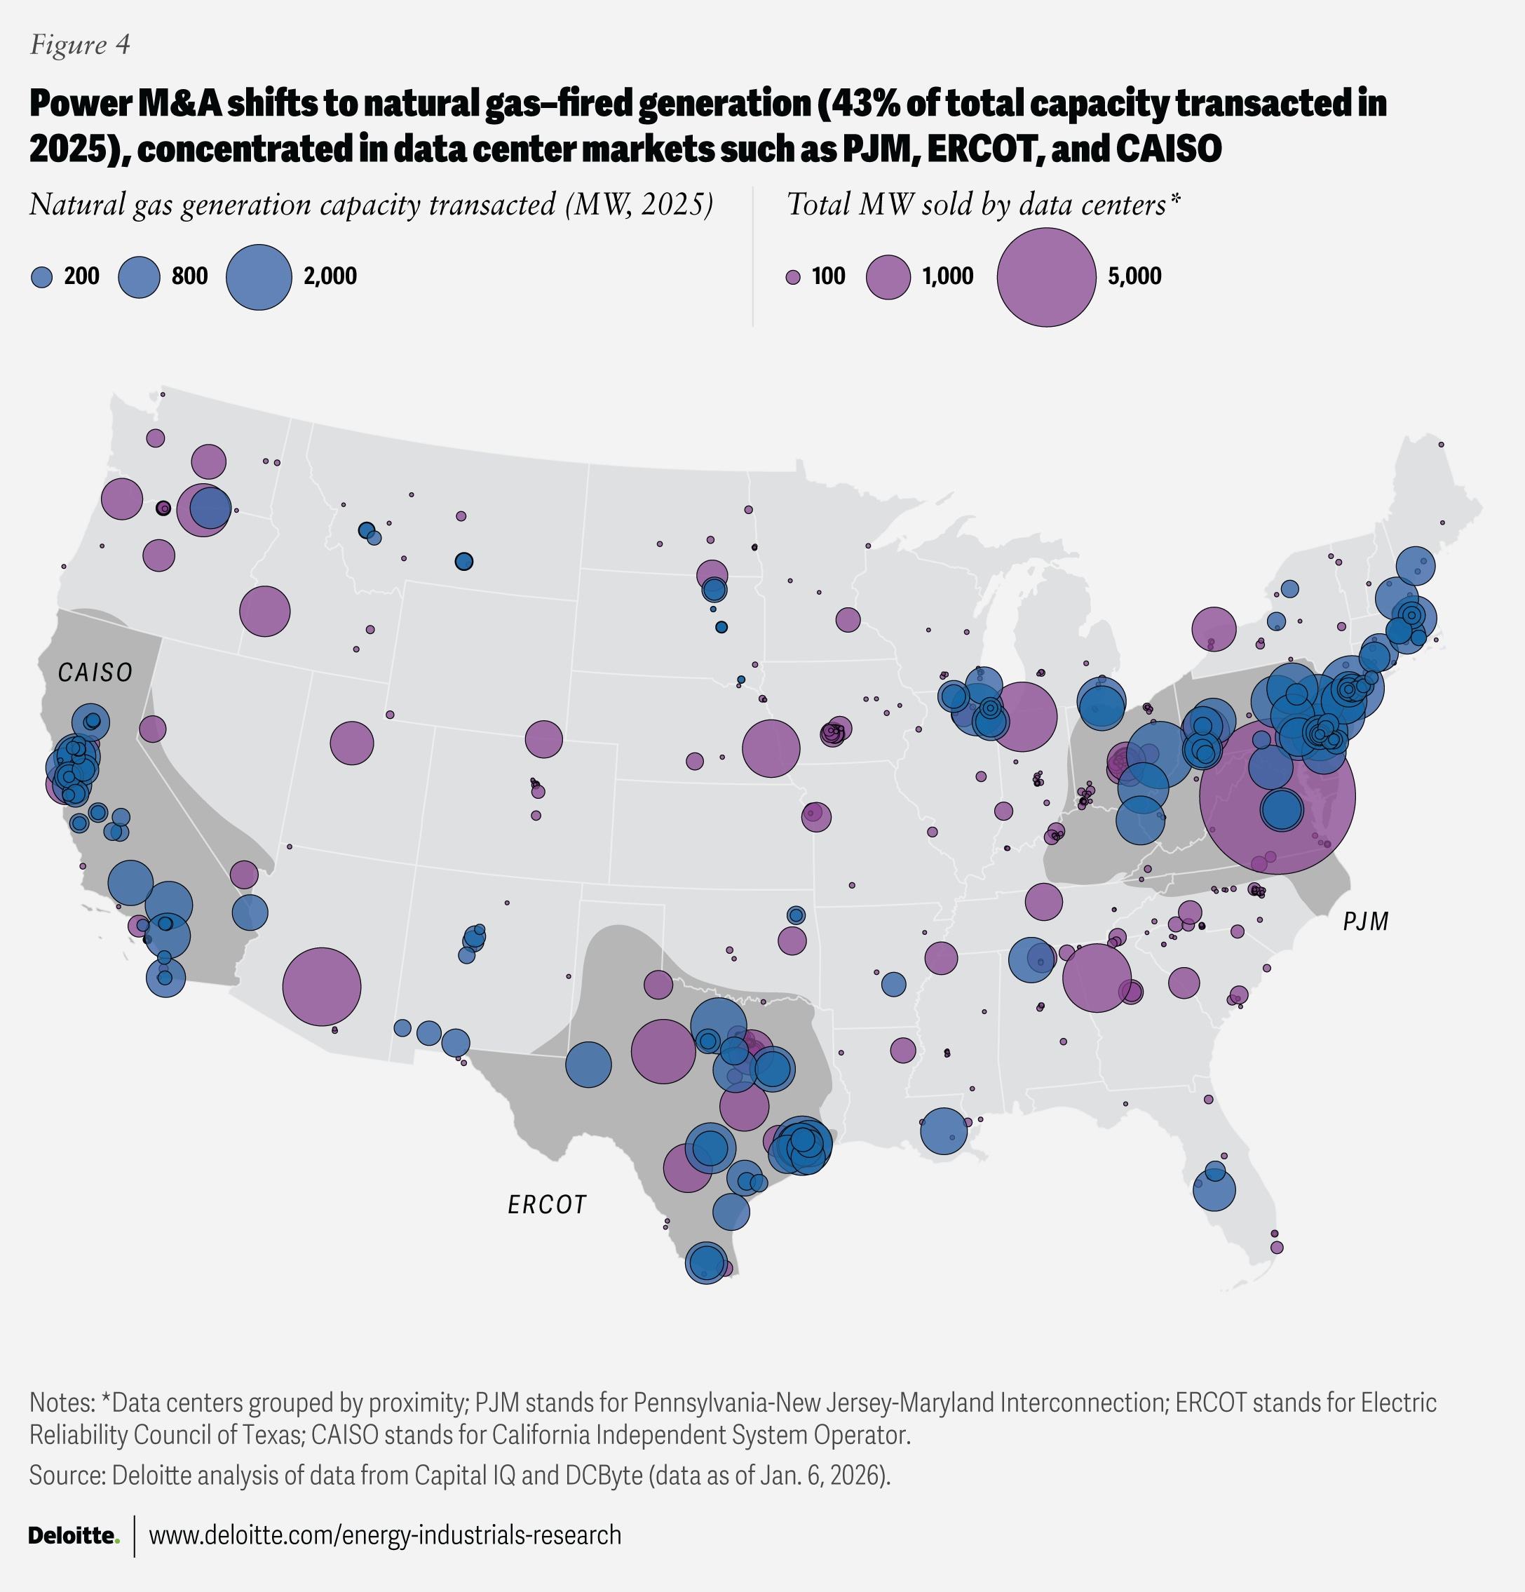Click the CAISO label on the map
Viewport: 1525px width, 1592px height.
(95, 673)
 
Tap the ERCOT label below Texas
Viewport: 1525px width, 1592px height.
(546, 1205)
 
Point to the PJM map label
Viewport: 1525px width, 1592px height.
(1365, 921)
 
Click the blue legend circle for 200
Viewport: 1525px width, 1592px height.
(41, 277)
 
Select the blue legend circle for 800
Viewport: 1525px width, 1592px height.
(140, 277)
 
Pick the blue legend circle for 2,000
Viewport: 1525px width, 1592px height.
(258, 277)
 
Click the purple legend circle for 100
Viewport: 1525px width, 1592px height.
(794, 277)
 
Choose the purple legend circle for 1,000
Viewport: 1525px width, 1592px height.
(888, 277)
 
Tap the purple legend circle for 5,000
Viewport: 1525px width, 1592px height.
(1046, 277)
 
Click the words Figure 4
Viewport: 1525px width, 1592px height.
(79, 45)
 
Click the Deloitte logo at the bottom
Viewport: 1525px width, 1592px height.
(74, 1535)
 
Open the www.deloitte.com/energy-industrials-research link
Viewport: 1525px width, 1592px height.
(385, 1535)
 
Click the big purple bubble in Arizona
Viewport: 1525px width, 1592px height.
(322, 986)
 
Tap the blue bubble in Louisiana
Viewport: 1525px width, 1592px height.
(944, 1131)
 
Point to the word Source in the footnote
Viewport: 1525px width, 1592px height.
(67, 1475)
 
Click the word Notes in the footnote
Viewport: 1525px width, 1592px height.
(62, 1402)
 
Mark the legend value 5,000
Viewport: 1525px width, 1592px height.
(1134, 277)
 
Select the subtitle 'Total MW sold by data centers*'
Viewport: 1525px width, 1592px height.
(982, 205)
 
